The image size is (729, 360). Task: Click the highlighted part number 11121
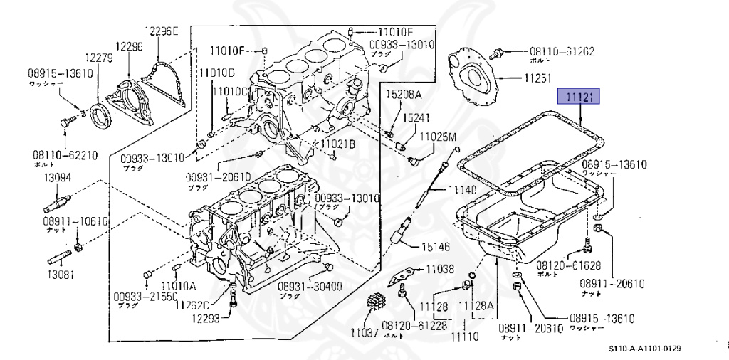579,97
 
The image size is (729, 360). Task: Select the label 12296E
163,31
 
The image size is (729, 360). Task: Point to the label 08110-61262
562,51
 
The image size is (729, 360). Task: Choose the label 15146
436,247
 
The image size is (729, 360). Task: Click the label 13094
58,178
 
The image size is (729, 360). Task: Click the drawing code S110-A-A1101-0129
645,349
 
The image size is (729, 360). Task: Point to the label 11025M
438,136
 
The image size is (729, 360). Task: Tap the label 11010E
395,32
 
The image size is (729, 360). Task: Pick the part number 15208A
404,95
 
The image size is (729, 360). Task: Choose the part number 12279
100,58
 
